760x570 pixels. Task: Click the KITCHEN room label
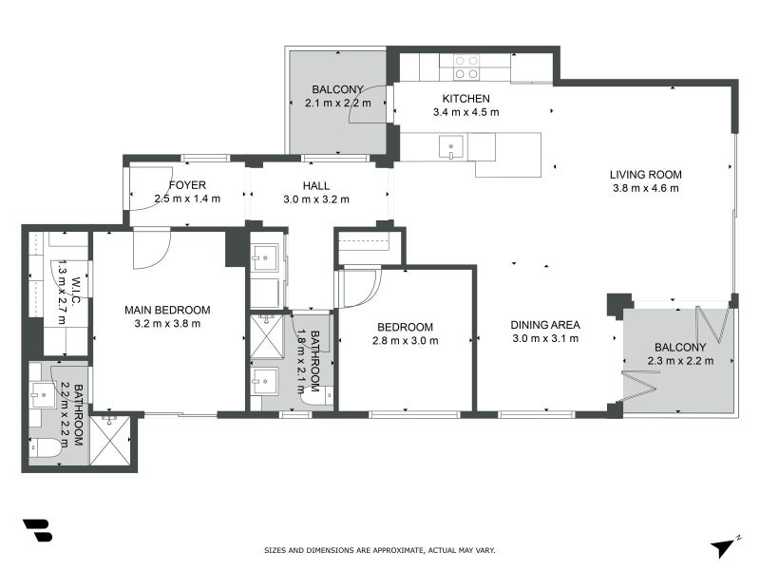pos(465,99)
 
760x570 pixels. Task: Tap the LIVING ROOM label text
pos(646,175)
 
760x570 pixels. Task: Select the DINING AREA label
pos(545,325)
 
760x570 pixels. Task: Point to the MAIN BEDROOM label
pos(167,310)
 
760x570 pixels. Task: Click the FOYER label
pos(187,185)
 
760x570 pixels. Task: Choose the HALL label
pos(316,185)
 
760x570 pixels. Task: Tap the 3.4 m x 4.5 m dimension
pos(465,112)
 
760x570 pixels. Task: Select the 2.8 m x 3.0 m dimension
pos(405,341)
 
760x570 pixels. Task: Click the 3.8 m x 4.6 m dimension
pos(646,188)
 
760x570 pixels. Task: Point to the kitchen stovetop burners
pos(465,66)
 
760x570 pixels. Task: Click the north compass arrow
pos(724,546)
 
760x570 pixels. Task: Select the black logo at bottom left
pos(37,530)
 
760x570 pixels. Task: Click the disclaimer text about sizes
pos(379,550)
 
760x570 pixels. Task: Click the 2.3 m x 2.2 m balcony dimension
pos(679,360)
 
